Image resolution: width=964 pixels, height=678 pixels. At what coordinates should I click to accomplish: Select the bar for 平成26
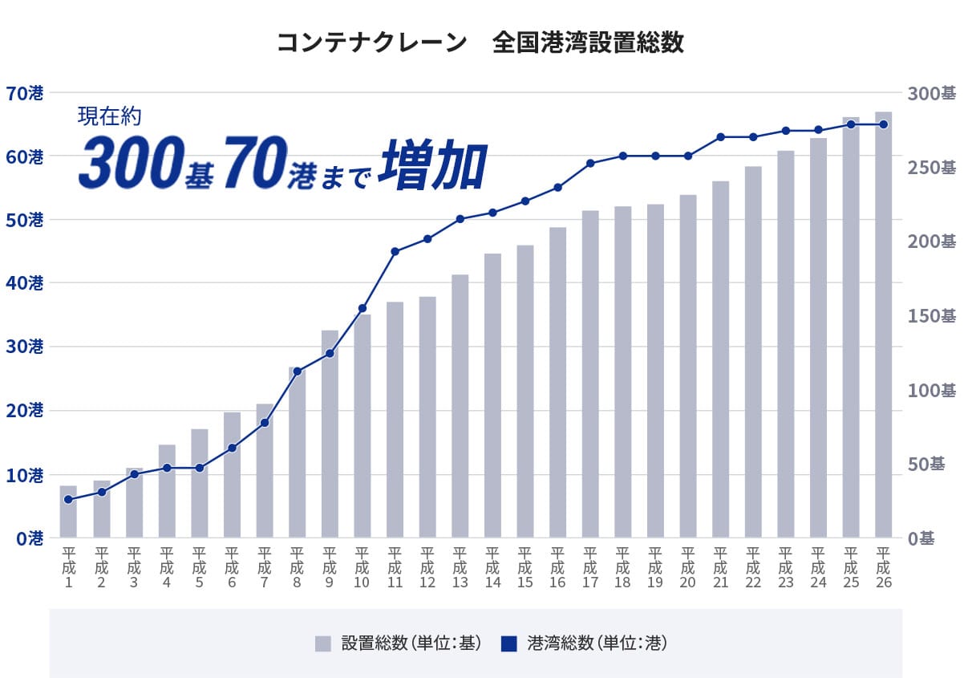[883, 325]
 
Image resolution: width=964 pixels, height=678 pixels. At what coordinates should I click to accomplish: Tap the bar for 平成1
[68, 512]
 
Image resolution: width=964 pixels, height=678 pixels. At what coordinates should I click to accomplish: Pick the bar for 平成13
[460, 406]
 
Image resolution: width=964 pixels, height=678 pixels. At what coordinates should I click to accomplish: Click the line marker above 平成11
[395, 252]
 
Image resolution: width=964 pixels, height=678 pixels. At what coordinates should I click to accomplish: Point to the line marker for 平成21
[720, 137]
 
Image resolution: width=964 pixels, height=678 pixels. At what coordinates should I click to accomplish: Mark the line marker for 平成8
[297, 371]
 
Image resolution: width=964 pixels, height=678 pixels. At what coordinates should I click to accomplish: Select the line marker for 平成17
[590, 163]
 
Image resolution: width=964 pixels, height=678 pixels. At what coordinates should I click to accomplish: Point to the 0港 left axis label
[28, 538]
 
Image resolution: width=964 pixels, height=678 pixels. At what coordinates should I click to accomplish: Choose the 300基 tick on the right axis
[931, 93]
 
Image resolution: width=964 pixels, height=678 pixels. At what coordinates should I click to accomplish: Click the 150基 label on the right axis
[931, 315]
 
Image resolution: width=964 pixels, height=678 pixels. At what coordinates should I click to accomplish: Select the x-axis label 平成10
[362, 568]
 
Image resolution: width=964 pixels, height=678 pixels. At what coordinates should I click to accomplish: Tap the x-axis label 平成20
[687, 568]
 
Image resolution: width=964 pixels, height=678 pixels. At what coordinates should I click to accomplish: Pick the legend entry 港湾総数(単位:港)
[585, 643]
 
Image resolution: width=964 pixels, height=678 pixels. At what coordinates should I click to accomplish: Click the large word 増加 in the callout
[433, 166]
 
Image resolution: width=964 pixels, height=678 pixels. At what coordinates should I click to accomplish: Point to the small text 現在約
[109, 116]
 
